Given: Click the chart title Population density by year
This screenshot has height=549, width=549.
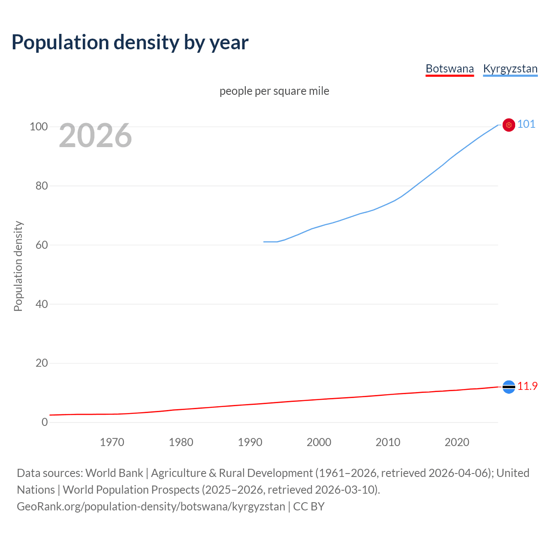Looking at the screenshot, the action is (130, 42).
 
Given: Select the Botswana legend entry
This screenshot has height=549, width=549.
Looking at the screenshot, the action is (449, 69).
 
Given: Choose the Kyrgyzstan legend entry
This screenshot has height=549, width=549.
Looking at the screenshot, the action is (510, 69).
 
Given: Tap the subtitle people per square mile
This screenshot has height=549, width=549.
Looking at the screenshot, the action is (274, 91).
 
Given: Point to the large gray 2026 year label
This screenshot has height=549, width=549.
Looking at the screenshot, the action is (95, 136).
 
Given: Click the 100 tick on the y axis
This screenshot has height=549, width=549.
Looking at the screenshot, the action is (39, 127).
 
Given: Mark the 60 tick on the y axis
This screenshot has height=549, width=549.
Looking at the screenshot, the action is (42, 245).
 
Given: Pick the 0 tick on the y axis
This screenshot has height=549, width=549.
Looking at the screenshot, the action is (45, 422).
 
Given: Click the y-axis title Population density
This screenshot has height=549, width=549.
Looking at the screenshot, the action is (18, 266).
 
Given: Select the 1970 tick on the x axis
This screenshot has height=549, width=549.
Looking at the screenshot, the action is (112, 442).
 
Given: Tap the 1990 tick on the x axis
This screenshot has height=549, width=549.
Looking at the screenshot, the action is (250, 442).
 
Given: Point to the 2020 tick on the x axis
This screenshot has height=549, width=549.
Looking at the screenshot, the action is (457, 442).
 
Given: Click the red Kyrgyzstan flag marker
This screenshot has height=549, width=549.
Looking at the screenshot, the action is (509, 125).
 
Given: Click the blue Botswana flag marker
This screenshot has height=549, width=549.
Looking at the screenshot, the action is (509, 387).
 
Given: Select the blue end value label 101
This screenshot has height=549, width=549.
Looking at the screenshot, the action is (526, 124).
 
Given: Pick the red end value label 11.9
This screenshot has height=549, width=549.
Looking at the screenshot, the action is (527, 386).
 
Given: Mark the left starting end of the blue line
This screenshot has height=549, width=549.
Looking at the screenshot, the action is (264, 242).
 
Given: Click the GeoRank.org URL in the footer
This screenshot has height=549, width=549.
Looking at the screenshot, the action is (151, 507).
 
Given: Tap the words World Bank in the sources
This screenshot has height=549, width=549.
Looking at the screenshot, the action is (114, 473).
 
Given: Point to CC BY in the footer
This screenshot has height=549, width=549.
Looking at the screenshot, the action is (309, 507).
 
